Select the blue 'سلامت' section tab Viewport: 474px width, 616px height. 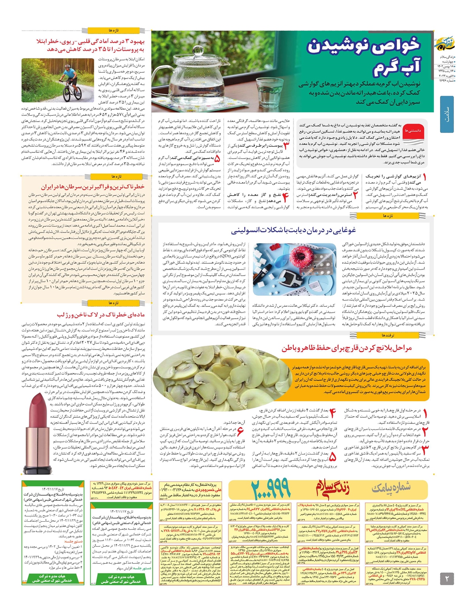447,114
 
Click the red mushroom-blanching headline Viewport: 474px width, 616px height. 346,348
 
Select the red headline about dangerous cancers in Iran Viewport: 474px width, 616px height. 92,187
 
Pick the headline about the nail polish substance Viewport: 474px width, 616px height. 101,315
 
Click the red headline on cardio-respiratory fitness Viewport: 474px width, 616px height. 91,45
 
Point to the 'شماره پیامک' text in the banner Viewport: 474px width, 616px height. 395,489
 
